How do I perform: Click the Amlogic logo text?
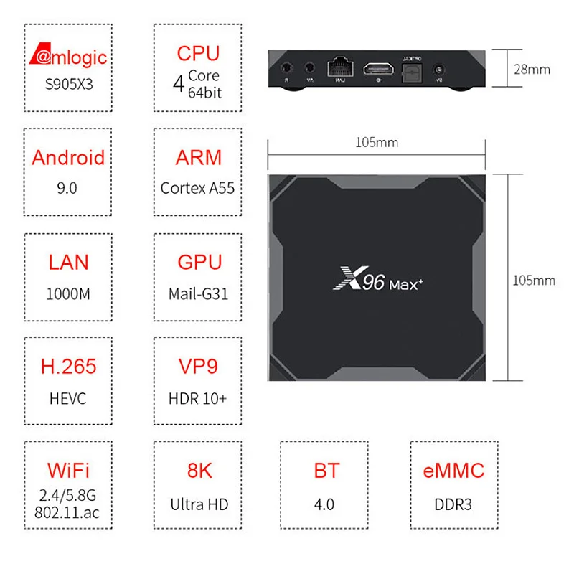(x=68, y=57)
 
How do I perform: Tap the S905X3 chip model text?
(x=68, y=84)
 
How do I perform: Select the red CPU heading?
(x=198, y=54)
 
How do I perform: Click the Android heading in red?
(x=68, y=158)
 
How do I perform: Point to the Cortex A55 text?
(x=198, y=188)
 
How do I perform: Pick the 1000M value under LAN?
(x=68, y=293)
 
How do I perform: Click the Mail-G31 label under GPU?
(x=198, y=293)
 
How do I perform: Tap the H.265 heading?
(x=68, y=367)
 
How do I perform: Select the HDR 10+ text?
(x=198, y=397)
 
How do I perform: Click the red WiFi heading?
(x=68, y=471)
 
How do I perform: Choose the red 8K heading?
(x=198, y=471)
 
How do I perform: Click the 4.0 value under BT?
(x=324, y=504)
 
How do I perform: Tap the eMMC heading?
(x=453, y=471)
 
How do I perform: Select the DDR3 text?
(x=453, y=504)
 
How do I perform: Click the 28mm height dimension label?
(x=532, y=70)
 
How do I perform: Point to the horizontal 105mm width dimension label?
(x=377, y=142)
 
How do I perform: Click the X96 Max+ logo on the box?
(x=378, y=278)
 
